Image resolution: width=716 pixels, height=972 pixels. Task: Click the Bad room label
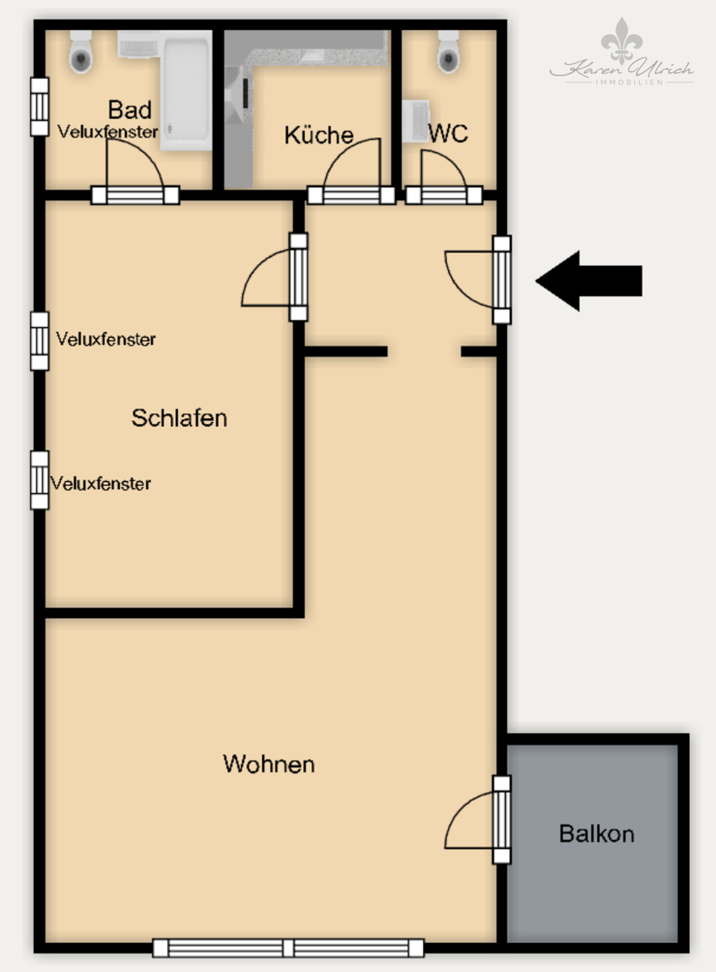130,109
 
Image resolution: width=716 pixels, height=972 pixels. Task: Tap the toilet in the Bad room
81,51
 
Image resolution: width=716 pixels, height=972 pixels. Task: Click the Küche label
319,135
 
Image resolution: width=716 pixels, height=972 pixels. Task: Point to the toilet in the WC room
448,51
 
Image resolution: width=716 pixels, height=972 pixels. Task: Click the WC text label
448,133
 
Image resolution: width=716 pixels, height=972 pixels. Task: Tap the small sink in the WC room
416,122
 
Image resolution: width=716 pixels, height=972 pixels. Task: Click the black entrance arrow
589,281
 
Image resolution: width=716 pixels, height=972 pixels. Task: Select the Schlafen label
179,418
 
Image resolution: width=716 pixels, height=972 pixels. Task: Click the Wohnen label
268,764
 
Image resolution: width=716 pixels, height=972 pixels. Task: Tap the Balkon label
597,833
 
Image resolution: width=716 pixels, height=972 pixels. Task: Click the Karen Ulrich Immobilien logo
622,52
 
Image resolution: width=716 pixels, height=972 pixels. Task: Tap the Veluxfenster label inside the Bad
108,132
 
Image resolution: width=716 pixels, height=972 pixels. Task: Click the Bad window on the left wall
40,107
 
